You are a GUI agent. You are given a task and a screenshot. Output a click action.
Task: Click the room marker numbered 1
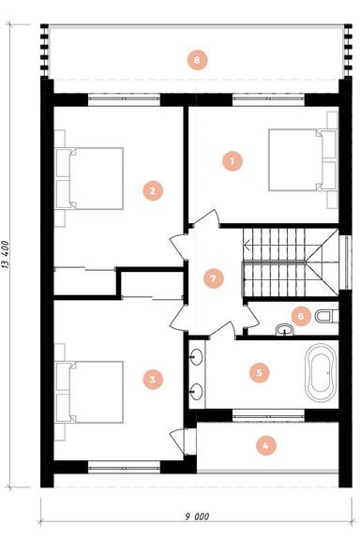pos(232,161)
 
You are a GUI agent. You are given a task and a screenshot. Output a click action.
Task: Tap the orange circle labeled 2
pos(153,190)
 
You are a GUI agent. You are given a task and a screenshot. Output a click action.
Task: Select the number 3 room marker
pos(153,379)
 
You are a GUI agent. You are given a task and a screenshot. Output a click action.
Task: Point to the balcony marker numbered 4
pos(266,446)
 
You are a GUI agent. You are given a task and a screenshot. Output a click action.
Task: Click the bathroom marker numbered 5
pos(260,372)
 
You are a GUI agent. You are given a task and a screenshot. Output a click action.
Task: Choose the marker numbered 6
pos(301,316)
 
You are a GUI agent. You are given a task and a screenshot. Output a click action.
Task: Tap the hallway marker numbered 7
pos(214,278)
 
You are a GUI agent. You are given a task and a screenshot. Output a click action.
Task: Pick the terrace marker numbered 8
pos(198,60)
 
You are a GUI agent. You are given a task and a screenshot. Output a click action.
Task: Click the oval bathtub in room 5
pos(321,373)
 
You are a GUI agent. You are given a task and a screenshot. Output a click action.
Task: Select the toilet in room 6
pos(326,316)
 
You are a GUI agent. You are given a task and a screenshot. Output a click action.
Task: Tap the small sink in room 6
pos(285,330)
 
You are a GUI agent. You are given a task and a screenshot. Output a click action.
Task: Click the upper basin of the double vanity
pos(197,356)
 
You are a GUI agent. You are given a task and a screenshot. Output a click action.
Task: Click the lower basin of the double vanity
pos(197,391)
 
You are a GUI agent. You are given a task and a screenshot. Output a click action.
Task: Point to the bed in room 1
pos(302,159)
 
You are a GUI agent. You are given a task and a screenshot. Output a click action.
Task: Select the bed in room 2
pos(89,178)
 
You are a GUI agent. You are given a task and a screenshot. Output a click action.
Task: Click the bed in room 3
pos(89,392)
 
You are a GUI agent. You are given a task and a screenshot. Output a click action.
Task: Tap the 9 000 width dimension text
pos(197,517)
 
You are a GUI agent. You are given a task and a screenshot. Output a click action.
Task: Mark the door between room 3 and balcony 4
pos(179,442)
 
